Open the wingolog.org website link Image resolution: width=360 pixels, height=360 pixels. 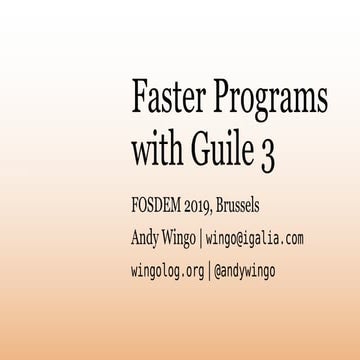click(168, 271)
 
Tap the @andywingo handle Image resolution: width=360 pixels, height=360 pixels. click(245, 271)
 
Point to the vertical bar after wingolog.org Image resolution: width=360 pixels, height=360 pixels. click(209, 271)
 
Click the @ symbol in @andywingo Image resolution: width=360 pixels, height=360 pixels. click(219, 271)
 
